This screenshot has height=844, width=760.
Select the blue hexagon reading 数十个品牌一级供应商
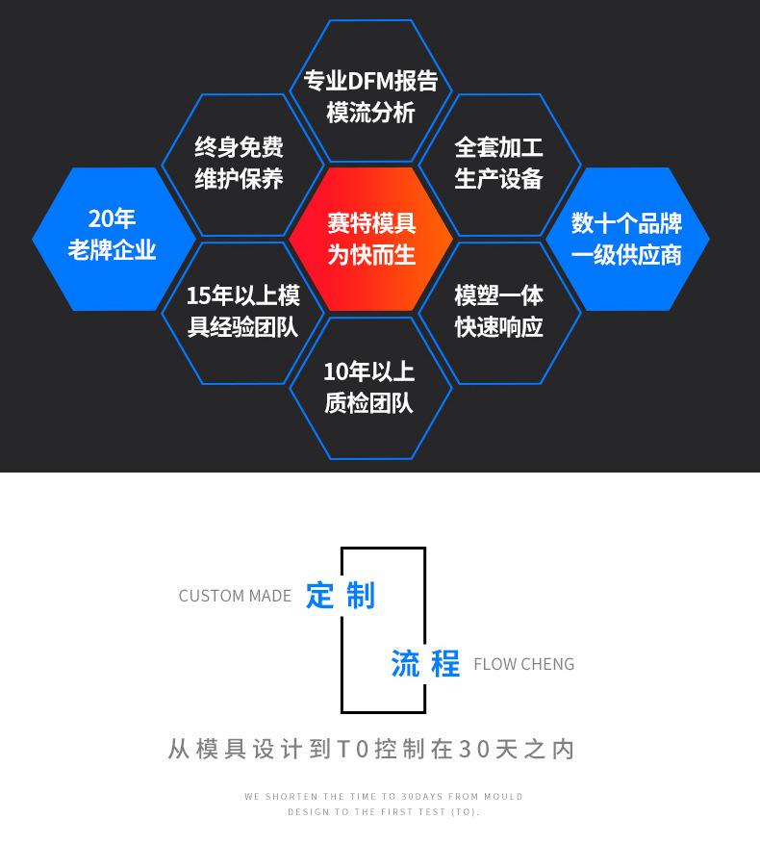(x=626, y=239)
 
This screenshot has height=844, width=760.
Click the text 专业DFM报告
(x=370, y=81)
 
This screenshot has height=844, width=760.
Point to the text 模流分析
(x=370, y=113)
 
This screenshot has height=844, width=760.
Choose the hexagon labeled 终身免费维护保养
(x=240, y=164)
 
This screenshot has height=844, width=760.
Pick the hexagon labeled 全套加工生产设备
(x=498, y=164)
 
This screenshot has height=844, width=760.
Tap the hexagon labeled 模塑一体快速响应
(x=498, y=312)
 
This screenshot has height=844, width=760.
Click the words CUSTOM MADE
(x=235, y=596)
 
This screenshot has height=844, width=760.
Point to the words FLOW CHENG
(x=523, y=664)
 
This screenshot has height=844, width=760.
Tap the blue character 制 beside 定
(x=360, y=595)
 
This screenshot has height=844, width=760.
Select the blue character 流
(x=405, y=663)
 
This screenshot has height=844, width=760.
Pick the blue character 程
(x=444, y=663)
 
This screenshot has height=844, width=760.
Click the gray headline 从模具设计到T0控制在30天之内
(x=371, y=749)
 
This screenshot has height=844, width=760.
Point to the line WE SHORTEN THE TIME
(x=383, y=797)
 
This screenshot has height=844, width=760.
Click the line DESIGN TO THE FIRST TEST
(x=383, y=812)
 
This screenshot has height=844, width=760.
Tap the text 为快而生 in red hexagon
(x=370, y=254)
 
